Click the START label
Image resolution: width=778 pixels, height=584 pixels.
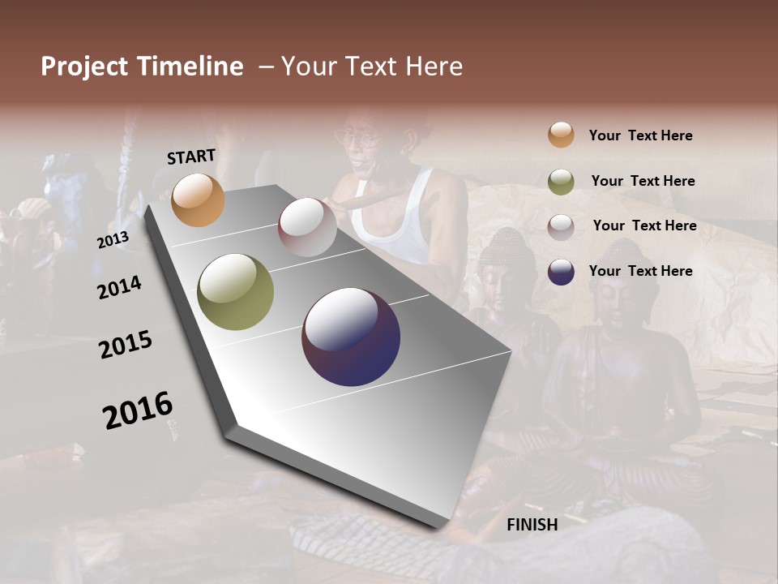point(191,157)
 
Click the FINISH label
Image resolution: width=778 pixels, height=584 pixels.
point(532,525)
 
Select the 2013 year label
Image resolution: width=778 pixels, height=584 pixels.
point(113,240)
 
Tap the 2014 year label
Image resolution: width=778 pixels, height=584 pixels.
point(119,288)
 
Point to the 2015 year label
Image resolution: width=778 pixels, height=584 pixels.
point(126,345)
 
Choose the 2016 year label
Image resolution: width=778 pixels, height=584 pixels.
point(138,410)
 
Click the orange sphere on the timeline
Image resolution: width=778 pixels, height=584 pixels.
point(199,200)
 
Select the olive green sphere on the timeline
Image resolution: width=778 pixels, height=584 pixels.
point(236,292)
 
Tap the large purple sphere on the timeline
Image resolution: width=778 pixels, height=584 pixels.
point(351,337)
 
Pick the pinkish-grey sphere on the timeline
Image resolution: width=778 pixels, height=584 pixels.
point(307,227)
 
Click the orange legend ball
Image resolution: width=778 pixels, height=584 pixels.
point(561,135)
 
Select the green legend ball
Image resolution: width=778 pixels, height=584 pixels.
point(561,181)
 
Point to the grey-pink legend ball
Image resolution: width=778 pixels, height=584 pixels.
point(561,226)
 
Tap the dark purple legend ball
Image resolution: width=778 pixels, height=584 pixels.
point(561,272)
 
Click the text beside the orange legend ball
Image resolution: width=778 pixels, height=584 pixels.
point(640,135)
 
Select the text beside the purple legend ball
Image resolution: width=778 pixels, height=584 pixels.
point(640,271)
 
